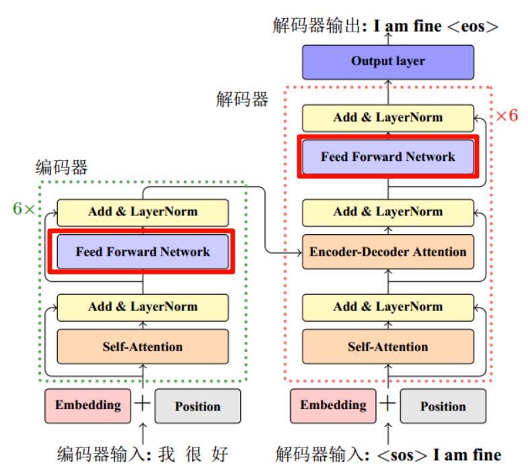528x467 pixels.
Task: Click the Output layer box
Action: tap(388, 61)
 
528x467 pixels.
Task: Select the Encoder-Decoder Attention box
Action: tap(388, 252)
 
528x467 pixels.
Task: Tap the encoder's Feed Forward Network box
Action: tap(143, 252)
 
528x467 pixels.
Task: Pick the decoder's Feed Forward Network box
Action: tap(388, 157)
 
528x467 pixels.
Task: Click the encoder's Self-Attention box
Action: tap(143, 347)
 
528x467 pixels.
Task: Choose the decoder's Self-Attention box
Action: tap(388, 347)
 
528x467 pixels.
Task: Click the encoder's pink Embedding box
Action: tap(88, 405)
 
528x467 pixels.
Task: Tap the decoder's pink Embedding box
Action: tap(334, 405)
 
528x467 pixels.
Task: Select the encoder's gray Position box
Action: tap(198, 406)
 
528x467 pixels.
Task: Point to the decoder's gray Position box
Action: tap(443, 406)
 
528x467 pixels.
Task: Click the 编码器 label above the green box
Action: tap(62, 168)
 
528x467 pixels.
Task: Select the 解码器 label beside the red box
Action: tap(242, 100)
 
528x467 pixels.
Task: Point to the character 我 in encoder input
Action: tap(167, 455)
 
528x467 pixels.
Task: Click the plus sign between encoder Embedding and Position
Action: tap(143, 404)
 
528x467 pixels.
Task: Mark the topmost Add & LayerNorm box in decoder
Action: tap(388, 118)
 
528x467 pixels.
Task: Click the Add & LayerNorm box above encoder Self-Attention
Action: tap(143, 307)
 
